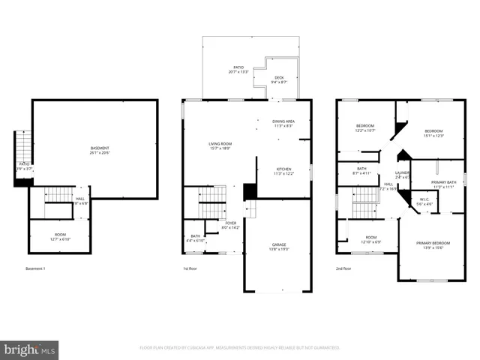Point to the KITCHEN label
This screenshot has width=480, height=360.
pos(283,171)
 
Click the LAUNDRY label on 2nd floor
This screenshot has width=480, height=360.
pos(402,175)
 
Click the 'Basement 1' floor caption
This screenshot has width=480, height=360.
pos(35,268)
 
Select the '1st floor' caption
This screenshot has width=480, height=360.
pos(190,268)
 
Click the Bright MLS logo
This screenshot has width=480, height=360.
pos(30,349)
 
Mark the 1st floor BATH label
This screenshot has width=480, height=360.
pos(195,238)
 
